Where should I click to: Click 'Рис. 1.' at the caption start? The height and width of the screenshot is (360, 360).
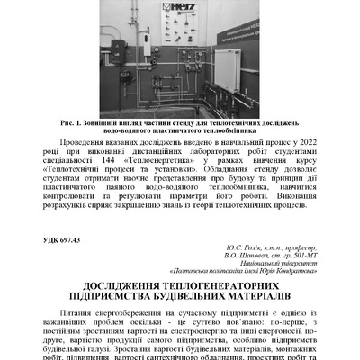[75, 121]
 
